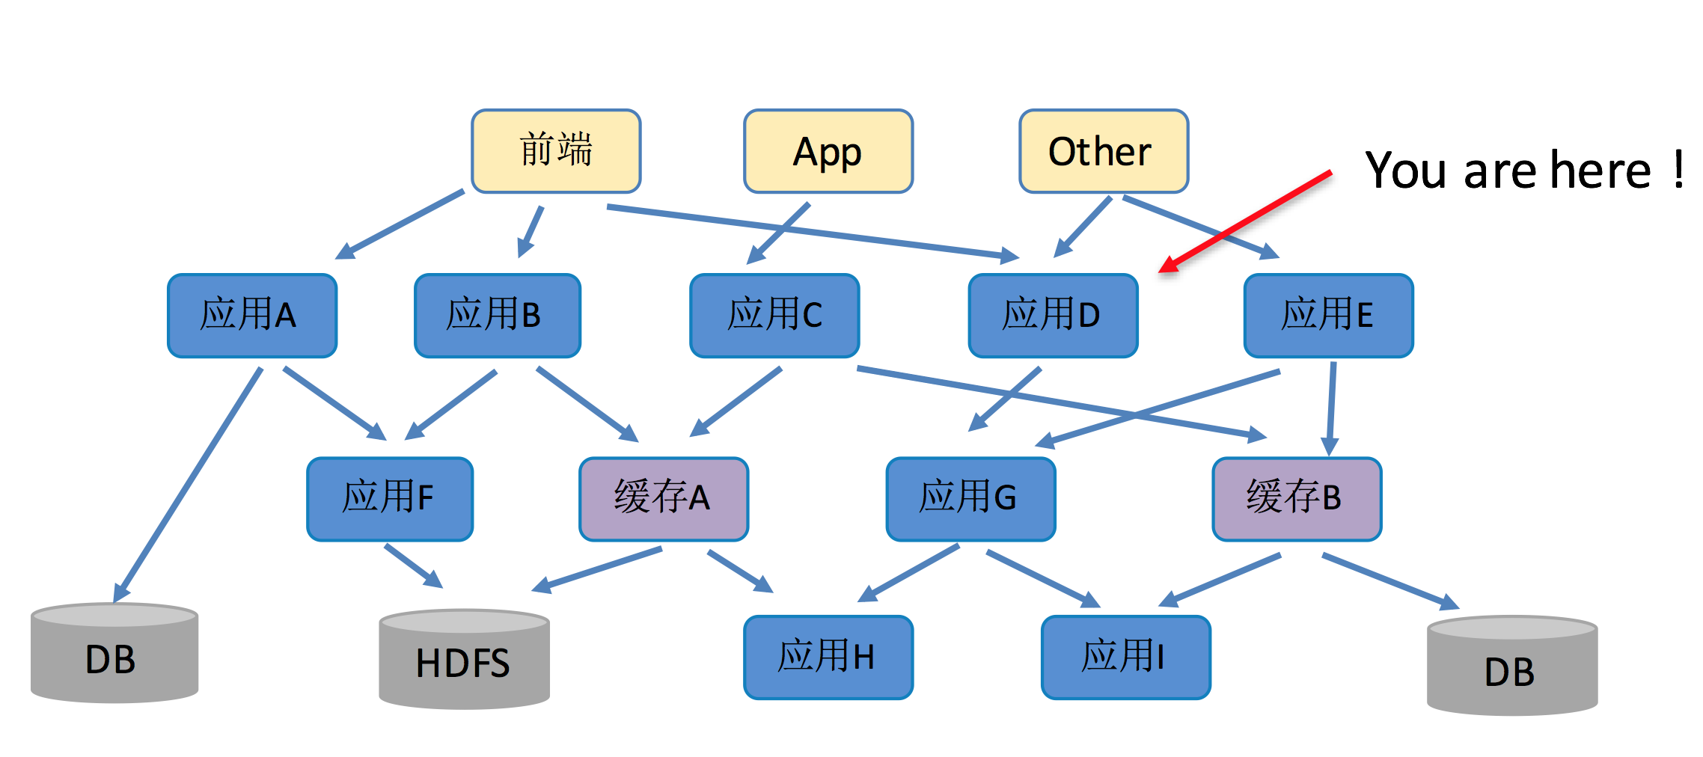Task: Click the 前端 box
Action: pos(556,151)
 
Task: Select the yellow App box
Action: pos(828,151)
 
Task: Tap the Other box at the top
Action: pos(1103,151)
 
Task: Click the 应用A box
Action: pos(252,315)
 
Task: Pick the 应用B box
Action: pos(497,315)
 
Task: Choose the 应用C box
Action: pos(774,315)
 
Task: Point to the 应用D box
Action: pos(1053,315)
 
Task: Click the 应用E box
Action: pos(1328,315)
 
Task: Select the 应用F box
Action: pos(390,498)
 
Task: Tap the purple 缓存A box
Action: pos(663,498)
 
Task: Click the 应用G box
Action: pos(970,498)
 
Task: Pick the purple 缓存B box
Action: pos(1296,498)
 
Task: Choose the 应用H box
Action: pos(828,657)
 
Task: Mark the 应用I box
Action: pos(1125,657)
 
